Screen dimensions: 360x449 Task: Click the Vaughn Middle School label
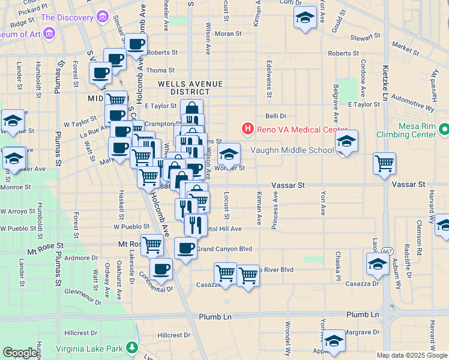(x=291, y=151)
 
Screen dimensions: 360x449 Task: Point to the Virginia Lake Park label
(x=90, y=348)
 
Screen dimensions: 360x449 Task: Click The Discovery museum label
(x=65, y=17)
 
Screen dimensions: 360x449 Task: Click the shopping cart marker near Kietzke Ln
(x=384, y=163)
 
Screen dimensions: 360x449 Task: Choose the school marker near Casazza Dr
(x=378, y=263)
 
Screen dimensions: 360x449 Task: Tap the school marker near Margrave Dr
(x=334, y=340)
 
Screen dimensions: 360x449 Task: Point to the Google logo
(x=20, y=353)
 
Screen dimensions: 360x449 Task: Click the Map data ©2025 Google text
(x=411, y=355)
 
